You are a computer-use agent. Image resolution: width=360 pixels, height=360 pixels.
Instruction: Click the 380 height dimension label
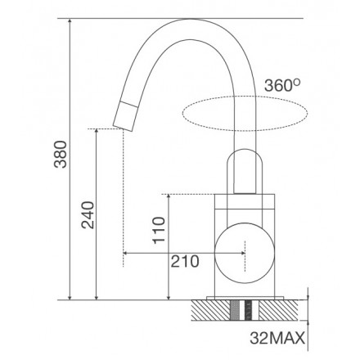coord(61,154)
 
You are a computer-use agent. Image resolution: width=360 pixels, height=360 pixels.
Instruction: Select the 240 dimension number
coord(88,215)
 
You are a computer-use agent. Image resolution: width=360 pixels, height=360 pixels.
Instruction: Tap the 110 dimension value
coord(159,230)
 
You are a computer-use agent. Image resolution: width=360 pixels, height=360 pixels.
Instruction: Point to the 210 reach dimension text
coord(185,262)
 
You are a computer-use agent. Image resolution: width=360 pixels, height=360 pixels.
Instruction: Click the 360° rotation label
coord(282,85)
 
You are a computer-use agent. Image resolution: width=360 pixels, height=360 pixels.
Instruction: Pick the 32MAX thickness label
coord(277,339)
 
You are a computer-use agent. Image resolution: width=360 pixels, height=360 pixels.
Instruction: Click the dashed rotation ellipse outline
coord(245,96)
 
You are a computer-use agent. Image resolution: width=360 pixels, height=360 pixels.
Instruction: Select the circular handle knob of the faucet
coord(245,253)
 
